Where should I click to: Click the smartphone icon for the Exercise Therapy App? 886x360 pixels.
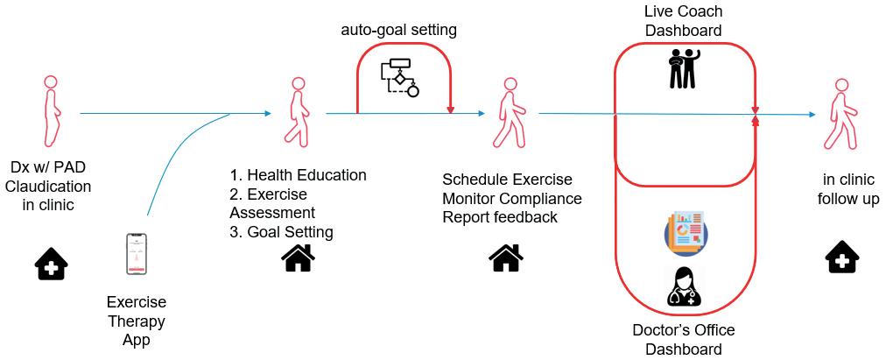137,254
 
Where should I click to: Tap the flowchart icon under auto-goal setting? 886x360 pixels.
399,77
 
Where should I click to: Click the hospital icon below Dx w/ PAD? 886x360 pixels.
51,262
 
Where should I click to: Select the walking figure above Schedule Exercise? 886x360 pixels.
507,111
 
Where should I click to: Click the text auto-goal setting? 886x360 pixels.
398,31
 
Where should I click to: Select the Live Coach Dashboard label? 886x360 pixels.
683,21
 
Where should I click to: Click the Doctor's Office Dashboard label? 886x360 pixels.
683,340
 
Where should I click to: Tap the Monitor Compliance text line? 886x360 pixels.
512,199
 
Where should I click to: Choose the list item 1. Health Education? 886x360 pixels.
298,175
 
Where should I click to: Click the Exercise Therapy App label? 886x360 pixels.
137,320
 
